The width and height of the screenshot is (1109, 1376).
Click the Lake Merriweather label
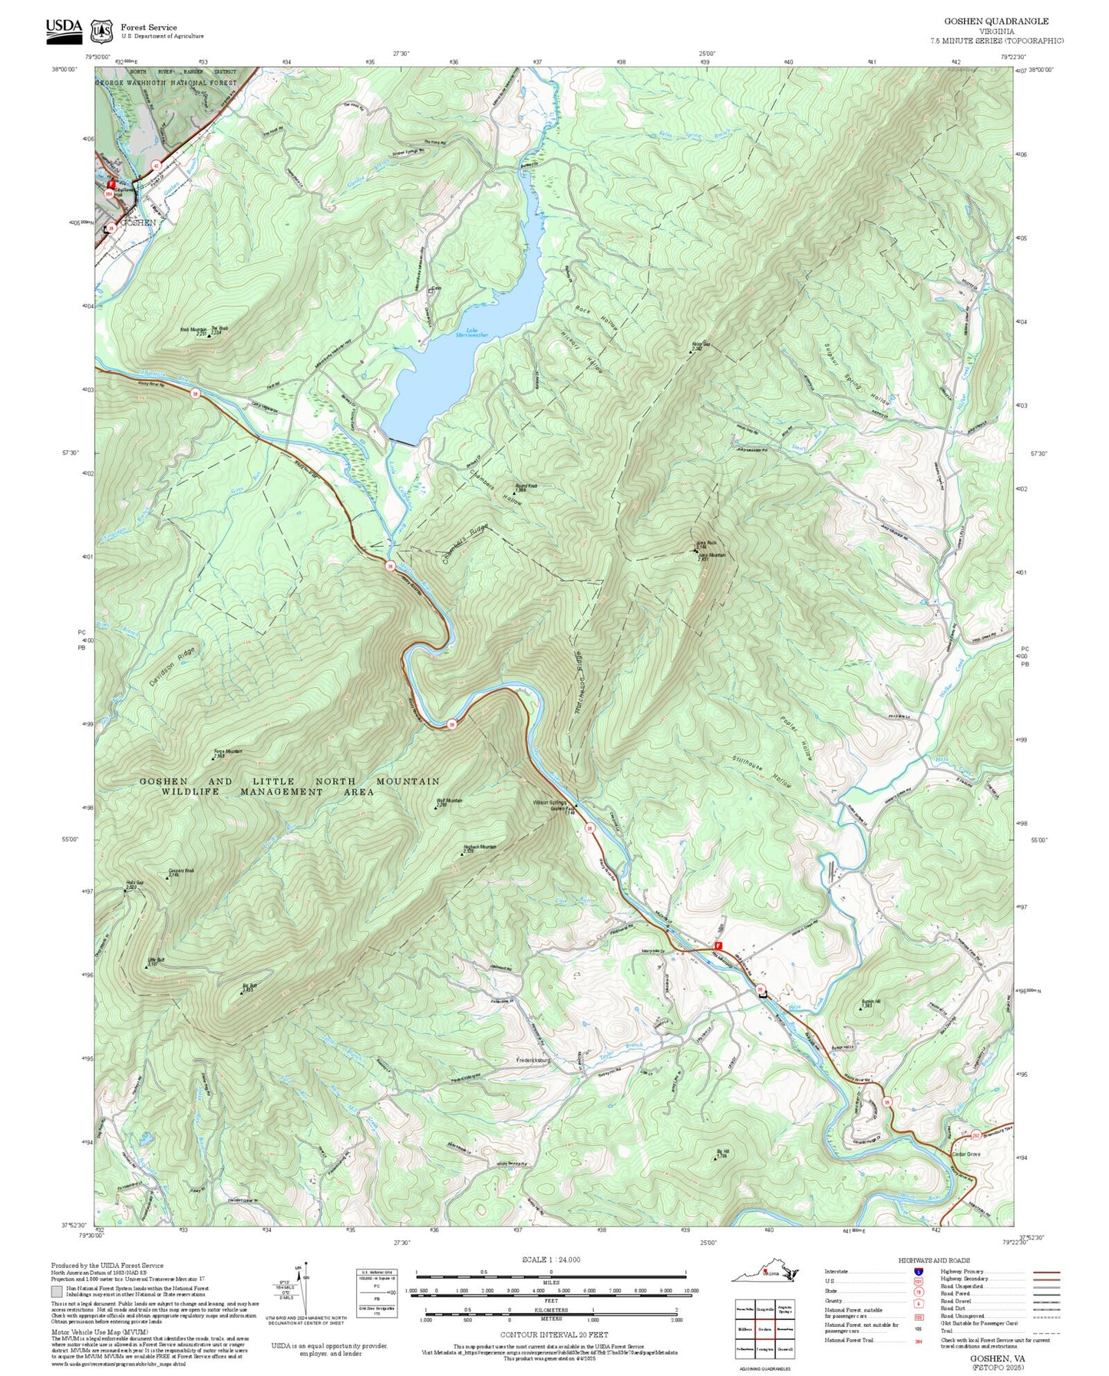click(472, 332)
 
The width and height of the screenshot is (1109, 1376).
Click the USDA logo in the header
click(64, 27)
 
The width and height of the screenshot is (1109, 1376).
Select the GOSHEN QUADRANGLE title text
click(995, 21)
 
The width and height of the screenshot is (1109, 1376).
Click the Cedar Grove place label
click(966, 1154)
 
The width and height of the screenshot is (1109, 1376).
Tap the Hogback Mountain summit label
click(480, 848)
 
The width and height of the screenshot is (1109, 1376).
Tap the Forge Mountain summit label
click(227, 752)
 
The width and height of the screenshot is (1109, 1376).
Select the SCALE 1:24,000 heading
click(551, 1259)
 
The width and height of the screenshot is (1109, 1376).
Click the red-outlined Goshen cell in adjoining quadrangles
click(764, 1329)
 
